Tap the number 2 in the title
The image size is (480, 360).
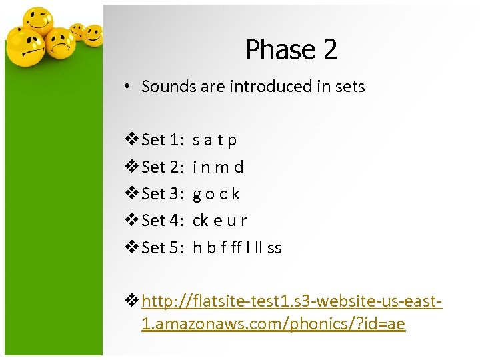click(329, 49)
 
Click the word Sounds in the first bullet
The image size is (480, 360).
click(166, 86)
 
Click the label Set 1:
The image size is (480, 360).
click(163, 140)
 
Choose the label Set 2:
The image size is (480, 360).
click(163, 167)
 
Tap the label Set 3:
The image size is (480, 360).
click(163, 194)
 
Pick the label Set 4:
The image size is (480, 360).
click(163, 221)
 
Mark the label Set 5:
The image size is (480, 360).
click(163, 248)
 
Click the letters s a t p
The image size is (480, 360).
click(215, 140)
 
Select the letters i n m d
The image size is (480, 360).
click(218, 167)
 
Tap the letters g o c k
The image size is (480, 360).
click(216, 194)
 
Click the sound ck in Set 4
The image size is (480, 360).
click(200, 221)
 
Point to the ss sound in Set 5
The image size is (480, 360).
click(275, 248)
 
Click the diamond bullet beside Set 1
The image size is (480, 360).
click(131, 140)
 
